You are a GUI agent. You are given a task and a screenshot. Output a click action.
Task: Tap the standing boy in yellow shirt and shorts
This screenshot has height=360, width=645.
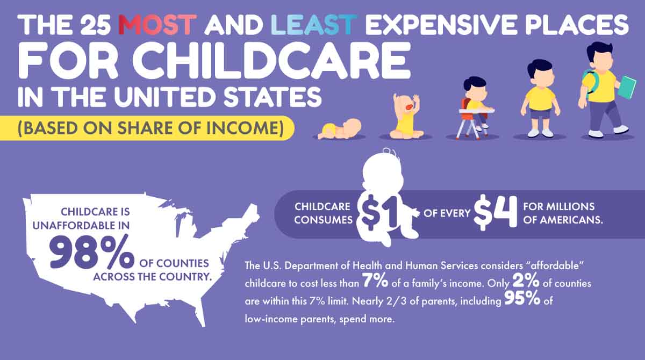(540, 99)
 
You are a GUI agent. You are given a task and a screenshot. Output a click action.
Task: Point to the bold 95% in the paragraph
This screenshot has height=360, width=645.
(522, 300)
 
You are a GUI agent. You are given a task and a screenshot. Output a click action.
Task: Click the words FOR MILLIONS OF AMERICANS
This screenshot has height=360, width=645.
(558, 213)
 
